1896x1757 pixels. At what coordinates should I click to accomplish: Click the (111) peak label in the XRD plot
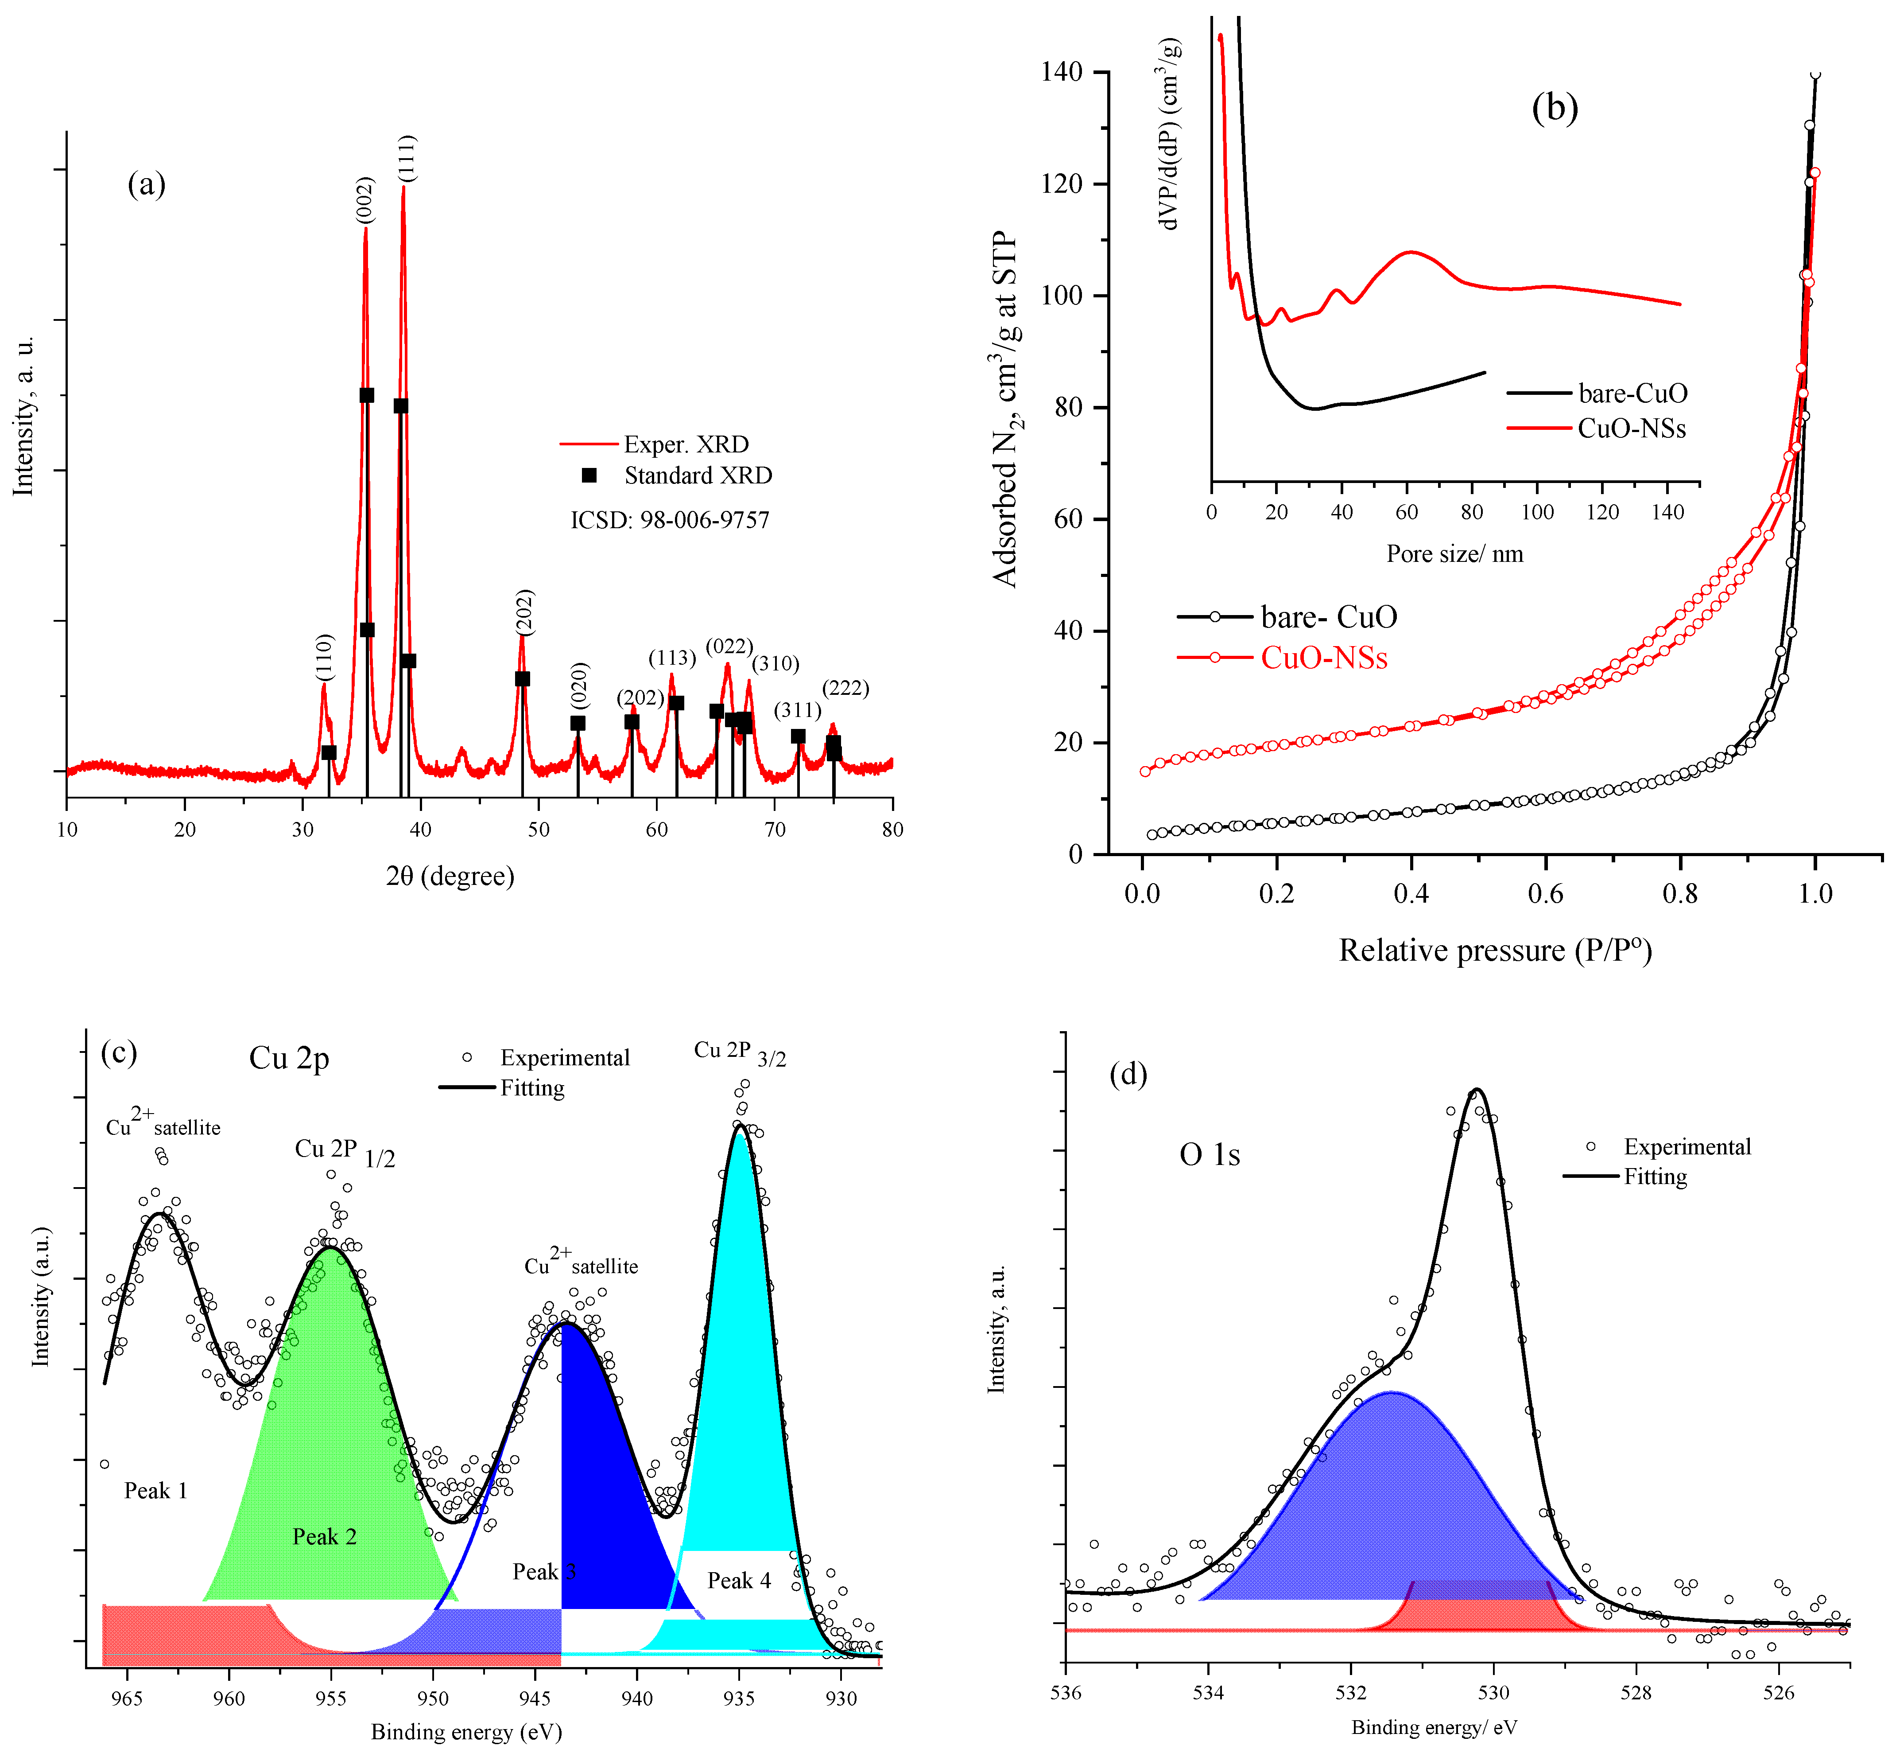click(x=407, y=159)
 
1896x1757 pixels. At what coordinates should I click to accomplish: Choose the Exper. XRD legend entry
click(x=685, y=444)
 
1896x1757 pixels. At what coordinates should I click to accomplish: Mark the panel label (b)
click(x=1555, y=109)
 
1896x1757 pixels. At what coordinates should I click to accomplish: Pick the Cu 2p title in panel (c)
click(x=289, y=1057)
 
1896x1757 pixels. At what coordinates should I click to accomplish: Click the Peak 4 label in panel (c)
click(x=738, y=1580)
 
